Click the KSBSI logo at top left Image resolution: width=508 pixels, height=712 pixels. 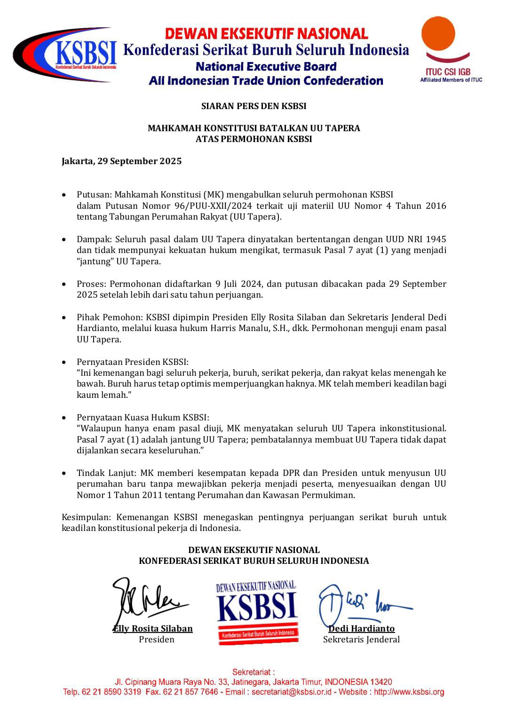66,54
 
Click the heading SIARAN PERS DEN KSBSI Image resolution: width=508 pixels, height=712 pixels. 254,106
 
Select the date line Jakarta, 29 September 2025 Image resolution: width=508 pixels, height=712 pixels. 121,161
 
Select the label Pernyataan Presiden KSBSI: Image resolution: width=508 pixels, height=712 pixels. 132,362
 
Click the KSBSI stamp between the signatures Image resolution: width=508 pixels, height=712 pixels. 257,612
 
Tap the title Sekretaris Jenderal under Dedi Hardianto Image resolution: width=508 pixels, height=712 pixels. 361,639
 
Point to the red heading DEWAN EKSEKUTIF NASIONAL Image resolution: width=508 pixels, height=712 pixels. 266,33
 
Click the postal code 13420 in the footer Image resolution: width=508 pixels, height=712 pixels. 381,681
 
